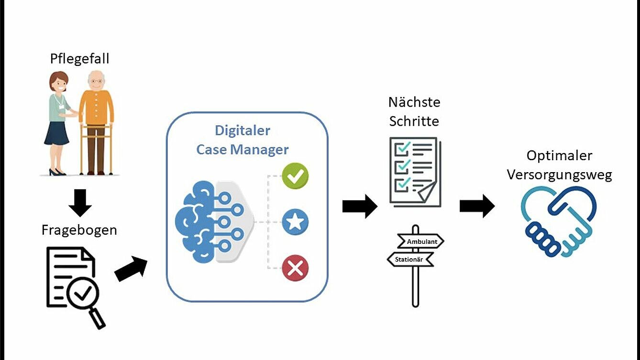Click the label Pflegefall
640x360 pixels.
pos(79,59)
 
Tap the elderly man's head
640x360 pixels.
pos(97,79)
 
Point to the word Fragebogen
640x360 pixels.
pos(79,230)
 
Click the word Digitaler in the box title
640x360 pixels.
pos(243,131)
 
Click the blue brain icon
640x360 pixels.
pos(196,221)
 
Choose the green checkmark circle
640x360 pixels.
pos(295,176)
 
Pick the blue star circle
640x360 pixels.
pos(295,221)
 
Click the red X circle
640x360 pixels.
pos(295,268)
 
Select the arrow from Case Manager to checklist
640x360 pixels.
pos(360,207)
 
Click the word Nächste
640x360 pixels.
pos(414,102)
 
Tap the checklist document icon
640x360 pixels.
pos(414,171)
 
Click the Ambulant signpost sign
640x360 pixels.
pos(421,241)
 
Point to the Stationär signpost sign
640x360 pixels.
pos(409,260)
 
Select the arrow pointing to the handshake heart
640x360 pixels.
pos(477,206)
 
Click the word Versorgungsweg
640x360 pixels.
pos(559,175)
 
